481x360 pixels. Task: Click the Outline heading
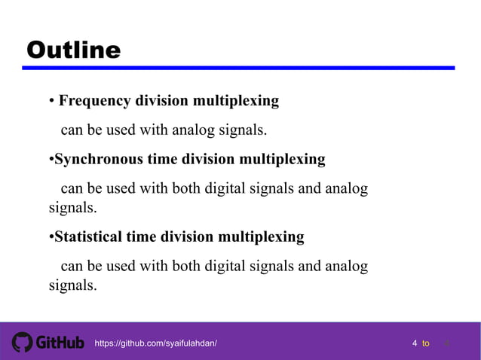click(x=73, y=50)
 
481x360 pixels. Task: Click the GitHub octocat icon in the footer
click(x=23, y=343)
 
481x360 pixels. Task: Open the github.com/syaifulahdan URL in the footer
click(x=155, y=343)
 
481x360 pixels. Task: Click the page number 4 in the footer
click(x=415, y=343)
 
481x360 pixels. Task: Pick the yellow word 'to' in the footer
click(x=426, y=343)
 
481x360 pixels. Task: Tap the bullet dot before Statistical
click(x=51, y=238)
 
